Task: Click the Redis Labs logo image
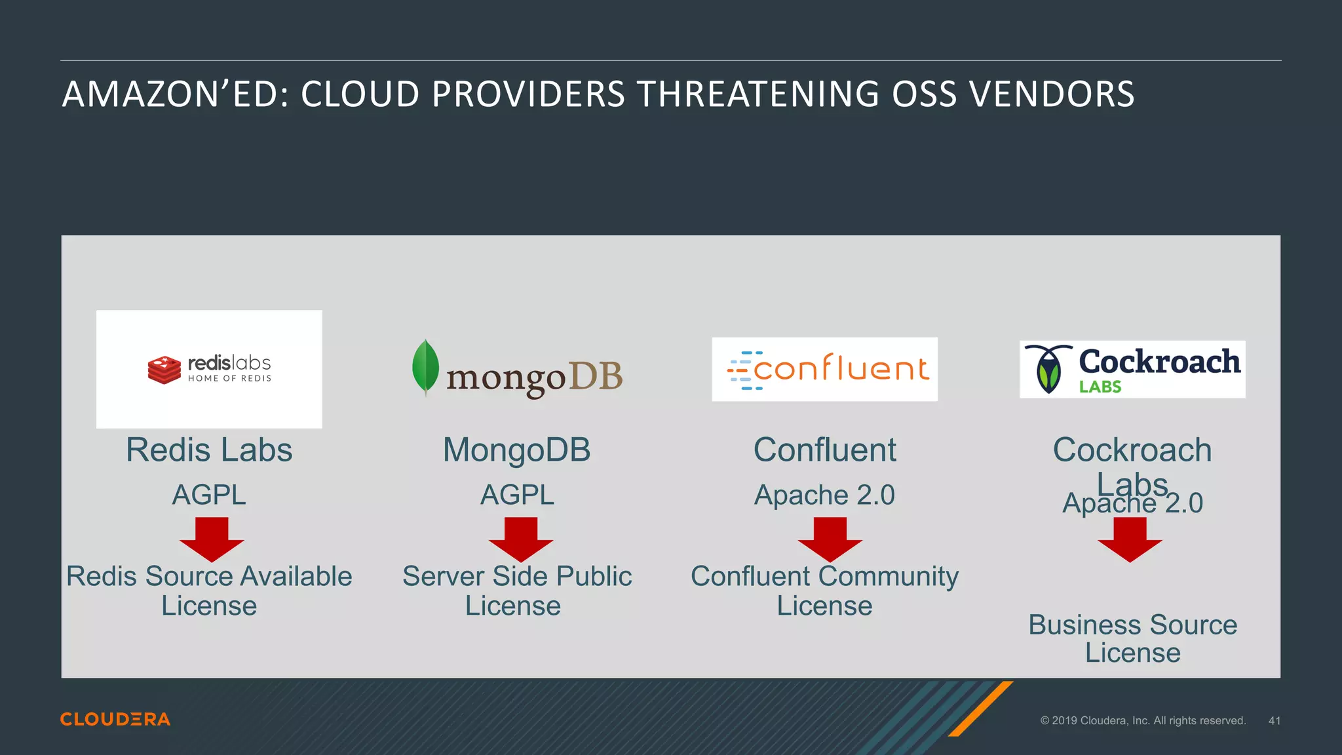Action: coord(209,369)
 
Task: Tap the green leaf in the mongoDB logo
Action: coord(425,366)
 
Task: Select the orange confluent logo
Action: coord(824,369)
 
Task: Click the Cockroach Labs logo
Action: coord(1132,369)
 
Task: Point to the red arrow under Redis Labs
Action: coord(212,539)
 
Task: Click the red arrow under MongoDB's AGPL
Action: coord(521,539)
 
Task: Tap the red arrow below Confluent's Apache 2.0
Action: coord(830,539)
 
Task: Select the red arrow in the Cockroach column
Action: coord(1130,539)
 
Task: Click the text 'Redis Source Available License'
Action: coord(209,590)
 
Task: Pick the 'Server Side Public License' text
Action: coord(516,590)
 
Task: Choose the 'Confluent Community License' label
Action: coord(824,590)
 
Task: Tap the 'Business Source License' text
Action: coord(1132,638)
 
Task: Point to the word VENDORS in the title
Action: coord(1052,94)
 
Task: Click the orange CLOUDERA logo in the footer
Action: coord(115,719)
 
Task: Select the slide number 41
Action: coord(1274,720)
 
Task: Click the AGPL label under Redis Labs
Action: coord(209,495)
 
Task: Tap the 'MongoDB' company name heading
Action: coord(516,450)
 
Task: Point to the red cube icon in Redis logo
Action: coord(164,370)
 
